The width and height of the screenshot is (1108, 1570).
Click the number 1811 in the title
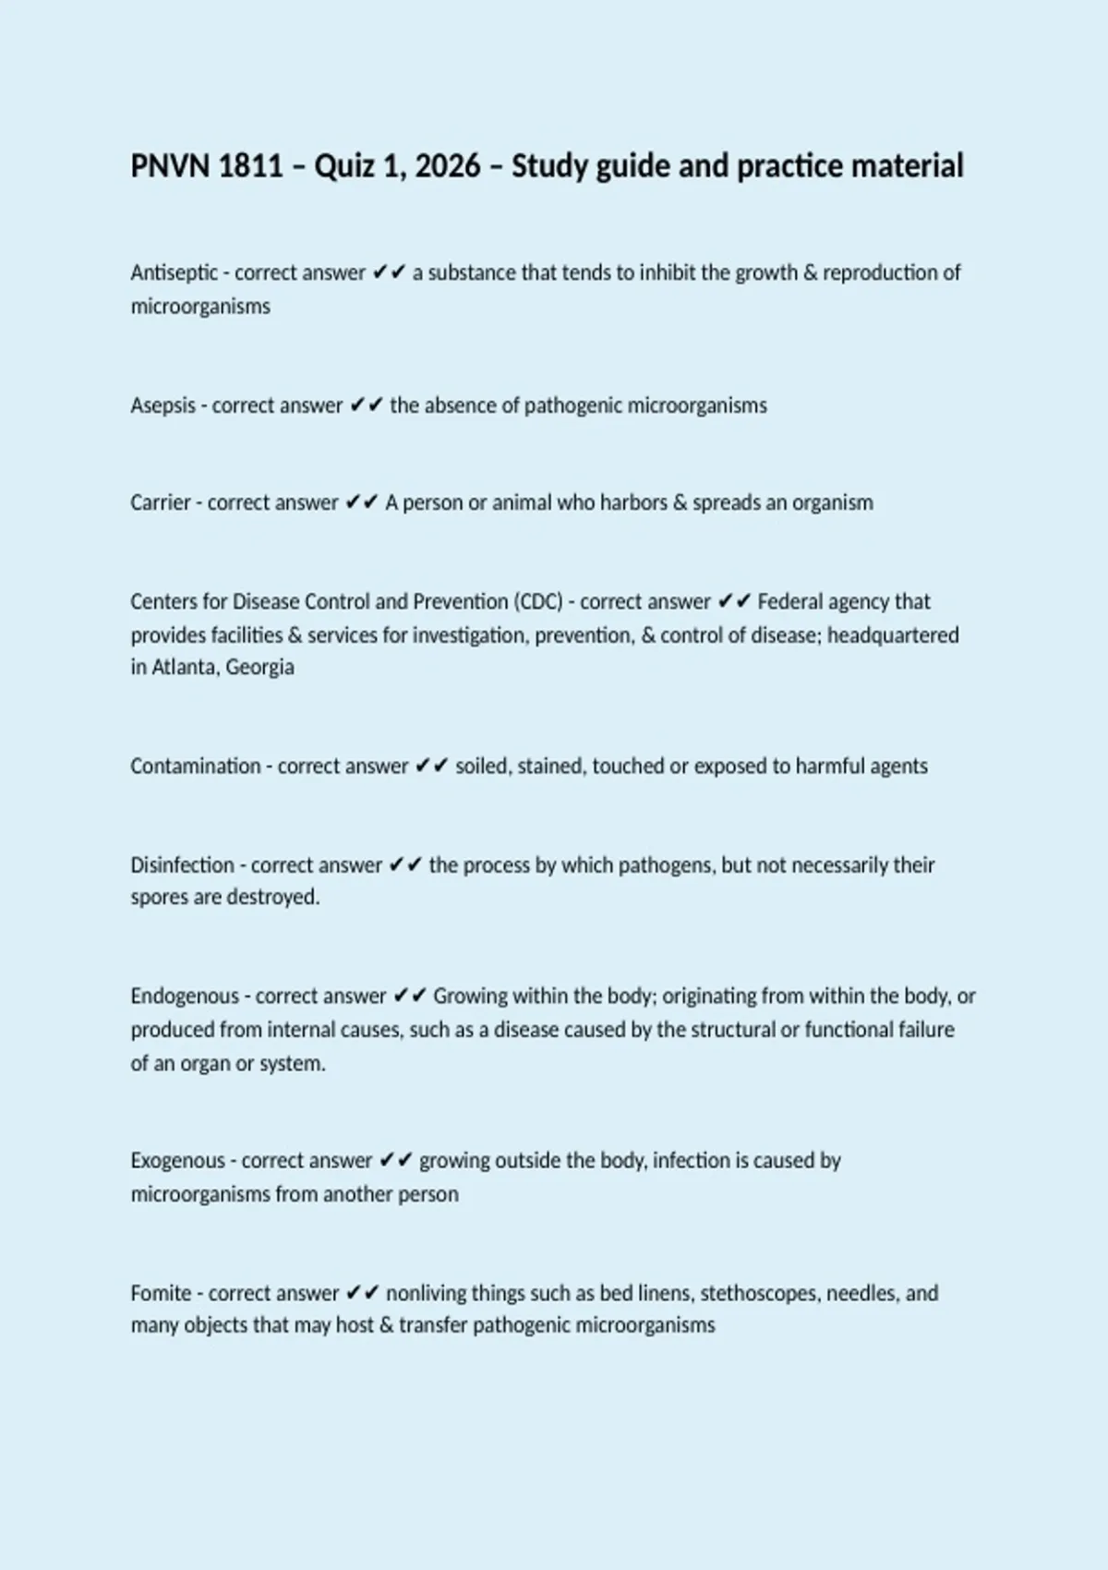(252, 166)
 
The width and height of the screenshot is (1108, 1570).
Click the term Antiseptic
(175, 273)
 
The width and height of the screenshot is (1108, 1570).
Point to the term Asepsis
(163, 405)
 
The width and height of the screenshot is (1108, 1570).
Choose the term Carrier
(161, 503)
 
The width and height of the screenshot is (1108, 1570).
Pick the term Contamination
(196, 767)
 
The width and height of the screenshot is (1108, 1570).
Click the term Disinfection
(183, 865)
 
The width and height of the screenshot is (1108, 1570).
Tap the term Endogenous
(185, 996)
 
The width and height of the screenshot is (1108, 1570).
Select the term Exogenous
(177, 1161)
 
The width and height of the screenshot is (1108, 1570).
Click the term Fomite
(161, 1294)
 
